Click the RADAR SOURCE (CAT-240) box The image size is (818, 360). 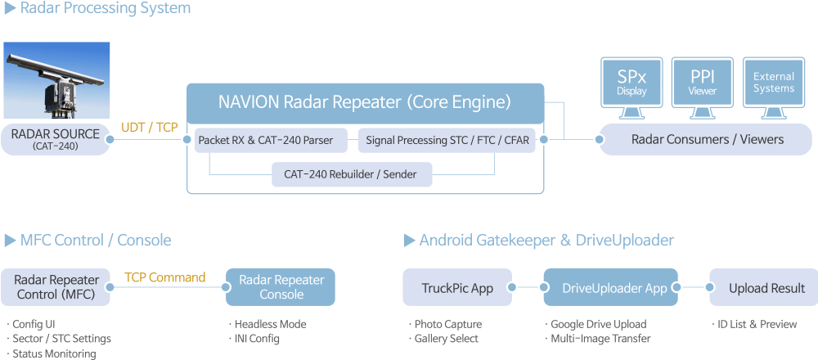[56, 139]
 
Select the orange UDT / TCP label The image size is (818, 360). [150, 128]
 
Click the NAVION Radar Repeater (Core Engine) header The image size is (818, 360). [365, 102]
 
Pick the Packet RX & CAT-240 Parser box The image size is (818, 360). [267, 141]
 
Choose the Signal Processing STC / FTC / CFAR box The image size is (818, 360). [447, 141]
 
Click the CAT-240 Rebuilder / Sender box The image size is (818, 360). [351, 173]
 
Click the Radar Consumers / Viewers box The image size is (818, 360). [706, 140]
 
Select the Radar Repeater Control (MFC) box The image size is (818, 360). [56, 286]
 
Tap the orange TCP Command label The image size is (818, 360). [164, 277]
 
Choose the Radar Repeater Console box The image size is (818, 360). [281, 286]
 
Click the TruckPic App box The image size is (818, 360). [457, 287]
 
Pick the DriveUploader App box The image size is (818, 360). [610, 287]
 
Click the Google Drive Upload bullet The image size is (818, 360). [597, 324]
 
